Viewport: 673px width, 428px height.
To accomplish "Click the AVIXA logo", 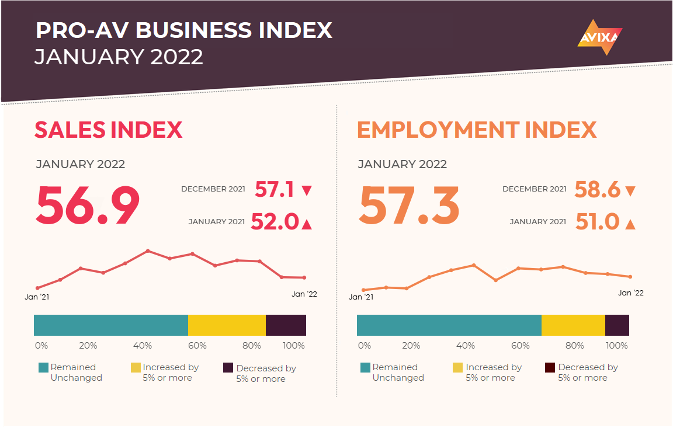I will point(600,37).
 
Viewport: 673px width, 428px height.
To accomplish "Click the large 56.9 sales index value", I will point(88,206).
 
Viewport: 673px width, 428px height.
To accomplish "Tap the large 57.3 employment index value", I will point(410,206).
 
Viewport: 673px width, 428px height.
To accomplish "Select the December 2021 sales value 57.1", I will point(274,189).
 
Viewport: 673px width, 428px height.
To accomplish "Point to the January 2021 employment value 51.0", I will point(597,222).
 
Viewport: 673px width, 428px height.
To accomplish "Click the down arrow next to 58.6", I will point(630,191).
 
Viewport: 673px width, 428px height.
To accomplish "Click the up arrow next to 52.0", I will point(307,224).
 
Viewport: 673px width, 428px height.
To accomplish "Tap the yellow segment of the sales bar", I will point(227,325).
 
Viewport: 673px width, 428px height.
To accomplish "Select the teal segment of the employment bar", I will point(449,325).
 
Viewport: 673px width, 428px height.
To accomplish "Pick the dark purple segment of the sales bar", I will point(286,325).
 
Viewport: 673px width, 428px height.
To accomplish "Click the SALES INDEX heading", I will point(109,130).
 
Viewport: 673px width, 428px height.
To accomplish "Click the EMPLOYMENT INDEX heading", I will point(477,130).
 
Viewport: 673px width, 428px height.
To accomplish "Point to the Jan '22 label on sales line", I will point(304,294).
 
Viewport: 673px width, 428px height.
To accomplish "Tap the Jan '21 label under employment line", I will point(361,297).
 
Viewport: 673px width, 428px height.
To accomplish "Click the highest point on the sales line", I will point(148,251).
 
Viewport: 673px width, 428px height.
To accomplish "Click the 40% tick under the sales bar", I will point(143,346).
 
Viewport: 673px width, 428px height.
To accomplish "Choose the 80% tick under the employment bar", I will point(575,346).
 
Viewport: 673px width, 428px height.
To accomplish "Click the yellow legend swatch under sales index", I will point(136,368).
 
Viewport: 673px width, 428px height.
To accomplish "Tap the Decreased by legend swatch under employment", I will point(550,368).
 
